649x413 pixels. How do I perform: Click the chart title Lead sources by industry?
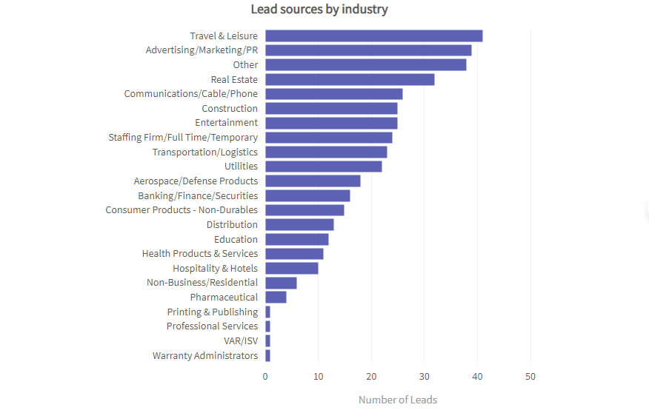click(319, 10)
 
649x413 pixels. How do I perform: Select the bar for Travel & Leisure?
click(373, 36)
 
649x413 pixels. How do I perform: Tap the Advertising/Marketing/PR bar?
click(368, 50)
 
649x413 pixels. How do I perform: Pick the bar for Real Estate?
click(350, 79)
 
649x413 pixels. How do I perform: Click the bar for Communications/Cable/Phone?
click(333, 94)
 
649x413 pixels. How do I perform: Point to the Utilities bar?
click(323, 167)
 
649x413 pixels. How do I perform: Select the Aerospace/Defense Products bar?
click(313, 181)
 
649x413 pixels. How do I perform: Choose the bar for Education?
click(296, 239)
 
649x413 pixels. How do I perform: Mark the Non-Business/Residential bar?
click(281, 283)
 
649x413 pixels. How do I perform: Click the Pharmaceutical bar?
click(276, 297)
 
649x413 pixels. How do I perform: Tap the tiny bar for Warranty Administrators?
click(267, 355)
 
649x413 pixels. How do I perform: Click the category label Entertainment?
click(227, 123)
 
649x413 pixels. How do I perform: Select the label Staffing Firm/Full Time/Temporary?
click(183, 138)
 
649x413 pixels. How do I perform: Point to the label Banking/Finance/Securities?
click(198, 195)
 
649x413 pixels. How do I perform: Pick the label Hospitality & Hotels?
click(215, 268)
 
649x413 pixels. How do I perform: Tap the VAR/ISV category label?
click(241, 340)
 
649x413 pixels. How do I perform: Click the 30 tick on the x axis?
click(425, 376)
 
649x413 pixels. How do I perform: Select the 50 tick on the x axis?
click(530, 376)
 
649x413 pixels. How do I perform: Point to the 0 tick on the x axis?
click(265, 376)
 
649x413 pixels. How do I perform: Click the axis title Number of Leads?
click(398, 400)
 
